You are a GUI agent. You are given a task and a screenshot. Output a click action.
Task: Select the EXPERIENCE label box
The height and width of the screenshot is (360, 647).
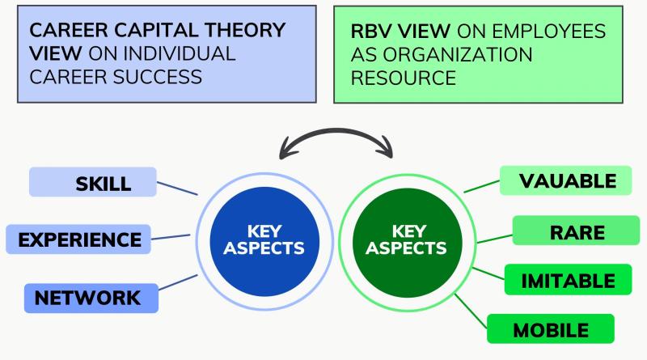[78, 239]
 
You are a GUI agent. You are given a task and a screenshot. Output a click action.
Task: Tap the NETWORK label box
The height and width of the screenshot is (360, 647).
[91, 298]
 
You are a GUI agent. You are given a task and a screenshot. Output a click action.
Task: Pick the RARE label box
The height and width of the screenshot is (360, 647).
[577, 232]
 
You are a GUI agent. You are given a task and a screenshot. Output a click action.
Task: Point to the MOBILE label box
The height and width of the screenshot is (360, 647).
[550, 329]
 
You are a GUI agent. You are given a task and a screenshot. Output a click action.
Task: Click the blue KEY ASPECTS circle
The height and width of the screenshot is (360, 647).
[257, 239]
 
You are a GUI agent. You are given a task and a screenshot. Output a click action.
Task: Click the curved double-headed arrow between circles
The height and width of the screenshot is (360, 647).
[334, 138]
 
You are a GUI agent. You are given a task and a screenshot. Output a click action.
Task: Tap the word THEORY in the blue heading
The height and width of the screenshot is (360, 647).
[242, 31]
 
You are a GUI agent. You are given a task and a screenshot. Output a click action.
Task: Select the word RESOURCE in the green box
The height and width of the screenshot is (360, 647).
[404, 78]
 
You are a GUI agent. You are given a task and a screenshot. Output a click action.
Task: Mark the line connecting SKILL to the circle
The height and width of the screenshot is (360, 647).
[176, 188]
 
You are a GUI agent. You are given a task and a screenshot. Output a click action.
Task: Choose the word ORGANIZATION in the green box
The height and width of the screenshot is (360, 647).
[441, 55]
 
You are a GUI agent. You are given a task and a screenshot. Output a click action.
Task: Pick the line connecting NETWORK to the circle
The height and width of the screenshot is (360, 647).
[178, 286]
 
